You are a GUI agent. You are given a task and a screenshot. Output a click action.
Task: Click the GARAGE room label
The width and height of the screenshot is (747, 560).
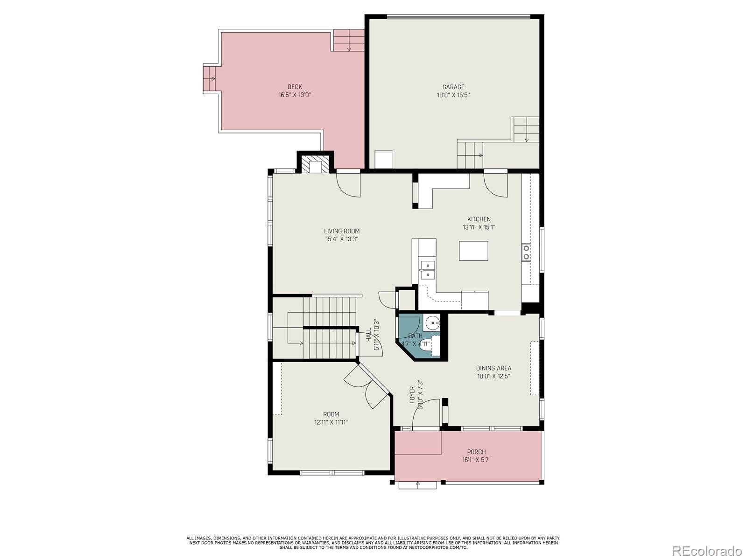tap(453, 87)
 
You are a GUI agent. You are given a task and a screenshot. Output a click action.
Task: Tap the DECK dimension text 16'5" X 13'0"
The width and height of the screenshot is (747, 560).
tap(295, 95)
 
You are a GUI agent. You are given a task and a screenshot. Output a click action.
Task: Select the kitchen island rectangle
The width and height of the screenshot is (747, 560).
tap(473, 251)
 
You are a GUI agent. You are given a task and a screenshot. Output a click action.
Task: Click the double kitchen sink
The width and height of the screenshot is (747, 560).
tap(428, 270)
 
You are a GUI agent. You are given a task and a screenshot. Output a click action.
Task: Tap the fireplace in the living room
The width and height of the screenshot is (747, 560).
tap(315, 165)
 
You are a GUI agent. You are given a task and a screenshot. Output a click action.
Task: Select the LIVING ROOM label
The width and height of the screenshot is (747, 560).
tap(342, 231)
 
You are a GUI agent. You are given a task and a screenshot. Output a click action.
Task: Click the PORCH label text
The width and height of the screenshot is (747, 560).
tap(476, 452)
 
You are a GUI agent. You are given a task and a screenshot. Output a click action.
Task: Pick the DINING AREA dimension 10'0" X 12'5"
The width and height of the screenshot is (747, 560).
tap(493, 376)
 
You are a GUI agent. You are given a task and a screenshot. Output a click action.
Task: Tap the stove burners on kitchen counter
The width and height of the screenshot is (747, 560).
tap(526, 252)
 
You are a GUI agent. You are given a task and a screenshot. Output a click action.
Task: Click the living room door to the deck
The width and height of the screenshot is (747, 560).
tap(348, 185)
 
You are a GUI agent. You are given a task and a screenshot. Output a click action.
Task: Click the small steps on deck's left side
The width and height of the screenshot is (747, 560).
tap(209, 79)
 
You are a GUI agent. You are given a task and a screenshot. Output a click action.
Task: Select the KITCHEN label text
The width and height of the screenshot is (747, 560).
tap(479, 219)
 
